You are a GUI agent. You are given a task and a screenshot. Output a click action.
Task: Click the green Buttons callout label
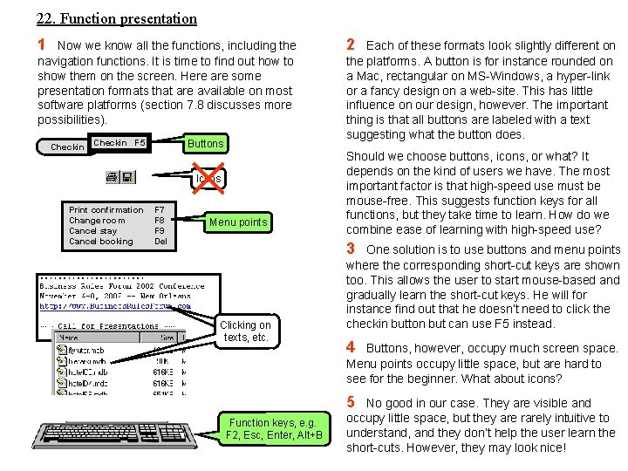(x=206, y=143)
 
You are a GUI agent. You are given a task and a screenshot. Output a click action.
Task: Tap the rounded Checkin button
(x=66, y=147)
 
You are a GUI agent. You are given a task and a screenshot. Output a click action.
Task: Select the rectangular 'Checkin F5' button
(x=119, y=142)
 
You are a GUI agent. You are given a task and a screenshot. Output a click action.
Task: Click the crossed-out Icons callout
(x=208, y=179)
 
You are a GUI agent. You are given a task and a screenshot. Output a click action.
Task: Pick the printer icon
(x=113, y=177)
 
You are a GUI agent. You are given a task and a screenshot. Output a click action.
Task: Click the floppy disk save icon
(x=127, y=177)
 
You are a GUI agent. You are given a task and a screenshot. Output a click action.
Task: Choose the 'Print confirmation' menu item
(x=106, y=210)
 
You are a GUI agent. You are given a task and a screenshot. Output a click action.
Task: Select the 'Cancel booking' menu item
(x=101, y=242)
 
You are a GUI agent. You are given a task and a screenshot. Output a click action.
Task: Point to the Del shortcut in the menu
(x=160, y=242)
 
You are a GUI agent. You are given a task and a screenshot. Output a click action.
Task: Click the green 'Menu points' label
(x=238, y=222)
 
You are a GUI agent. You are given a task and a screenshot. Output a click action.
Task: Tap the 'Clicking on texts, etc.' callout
(x=245, y=331)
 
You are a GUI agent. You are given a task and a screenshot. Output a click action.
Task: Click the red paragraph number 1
(x=41, y=44)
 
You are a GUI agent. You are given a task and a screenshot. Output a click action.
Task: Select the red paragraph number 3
(x=351, y=249)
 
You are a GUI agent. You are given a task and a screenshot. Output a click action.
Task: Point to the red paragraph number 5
(x=351, y=403)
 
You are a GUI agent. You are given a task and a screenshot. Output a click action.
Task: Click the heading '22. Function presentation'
(x=117, y=18)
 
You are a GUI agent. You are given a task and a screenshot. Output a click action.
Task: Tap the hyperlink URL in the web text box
(x=114, y=306)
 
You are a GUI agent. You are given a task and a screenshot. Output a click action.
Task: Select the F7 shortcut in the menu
(x=160, y=210)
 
